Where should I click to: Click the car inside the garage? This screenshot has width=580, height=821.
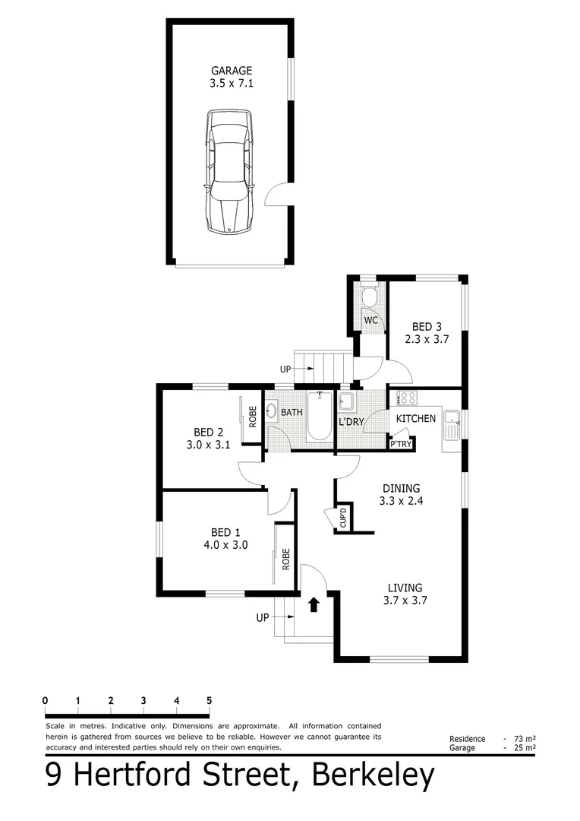[229, 171]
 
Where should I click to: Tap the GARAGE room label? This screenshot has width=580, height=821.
[232, 71]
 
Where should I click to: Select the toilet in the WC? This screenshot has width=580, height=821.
[370, 297]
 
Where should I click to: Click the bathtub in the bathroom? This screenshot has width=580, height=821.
[320, 416]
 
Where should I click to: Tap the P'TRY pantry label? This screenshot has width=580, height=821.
[400, 444]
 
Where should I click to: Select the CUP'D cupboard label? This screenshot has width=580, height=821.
[343, 518]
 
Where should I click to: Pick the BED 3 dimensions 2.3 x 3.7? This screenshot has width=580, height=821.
[426, 339]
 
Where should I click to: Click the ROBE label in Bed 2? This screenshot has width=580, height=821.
[253, 416]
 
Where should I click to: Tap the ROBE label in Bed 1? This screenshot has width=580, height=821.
[286, 559]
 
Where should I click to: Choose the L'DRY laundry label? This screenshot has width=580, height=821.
[351, 421]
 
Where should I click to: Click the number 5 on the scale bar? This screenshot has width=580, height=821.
[209, 700]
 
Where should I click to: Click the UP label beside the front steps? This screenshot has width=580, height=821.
[263, 617]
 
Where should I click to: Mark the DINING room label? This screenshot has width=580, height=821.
[401, 488]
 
